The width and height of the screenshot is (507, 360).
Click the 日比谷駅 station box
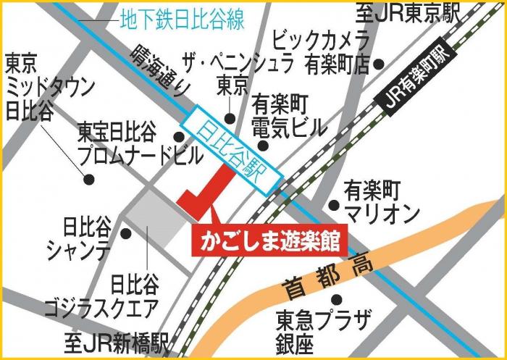pos(232,149)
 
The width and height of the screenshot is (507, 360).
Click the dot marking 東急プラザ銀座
pos(335,298)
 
